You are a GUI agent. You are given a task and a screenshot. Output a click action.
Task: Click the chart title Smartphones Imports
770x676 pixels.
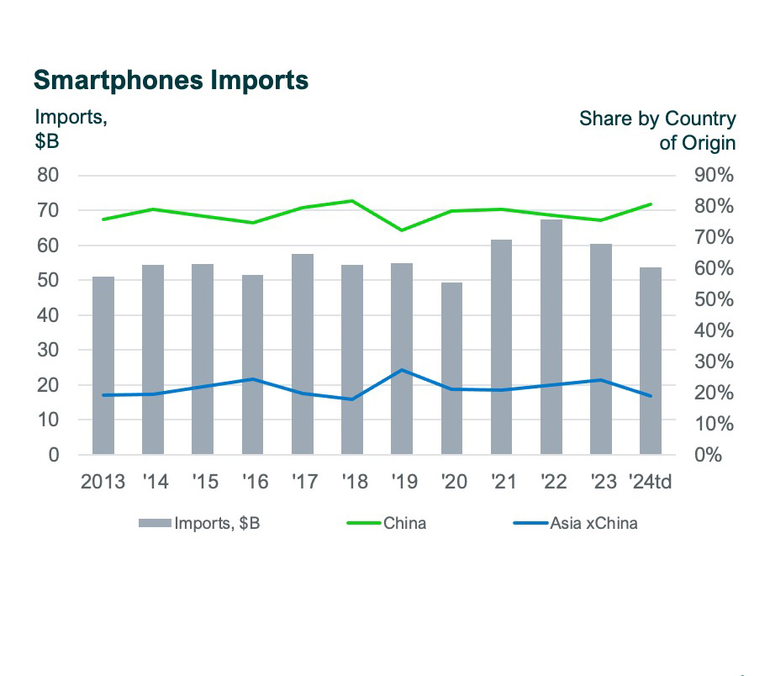(x=171, y=80)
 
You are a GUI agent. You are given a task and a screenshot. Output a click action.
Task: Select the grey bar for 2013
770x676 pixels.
(x=103, y=366)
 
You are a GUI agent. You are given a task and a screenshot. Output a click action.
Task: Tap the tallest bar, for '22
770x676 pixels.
(x=551, y=336)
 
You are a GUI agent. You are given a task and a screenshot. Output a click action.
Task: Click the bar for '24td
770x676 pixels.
(x=651, y=362)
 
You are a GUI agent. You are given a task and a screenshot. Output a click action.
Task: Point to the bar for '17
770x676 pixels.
(x=303, y=354)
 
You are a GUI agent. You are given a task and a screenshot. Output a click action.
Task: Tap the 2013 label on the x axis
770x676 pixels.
(x=103, y=482)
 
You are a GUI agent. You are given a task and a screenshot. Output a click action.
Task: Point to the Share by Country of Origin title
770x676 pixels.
(x=657, y=130)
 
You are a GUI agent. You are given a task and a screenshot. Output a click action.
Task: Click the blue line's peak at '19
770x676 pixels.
(x=403, y=370)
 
